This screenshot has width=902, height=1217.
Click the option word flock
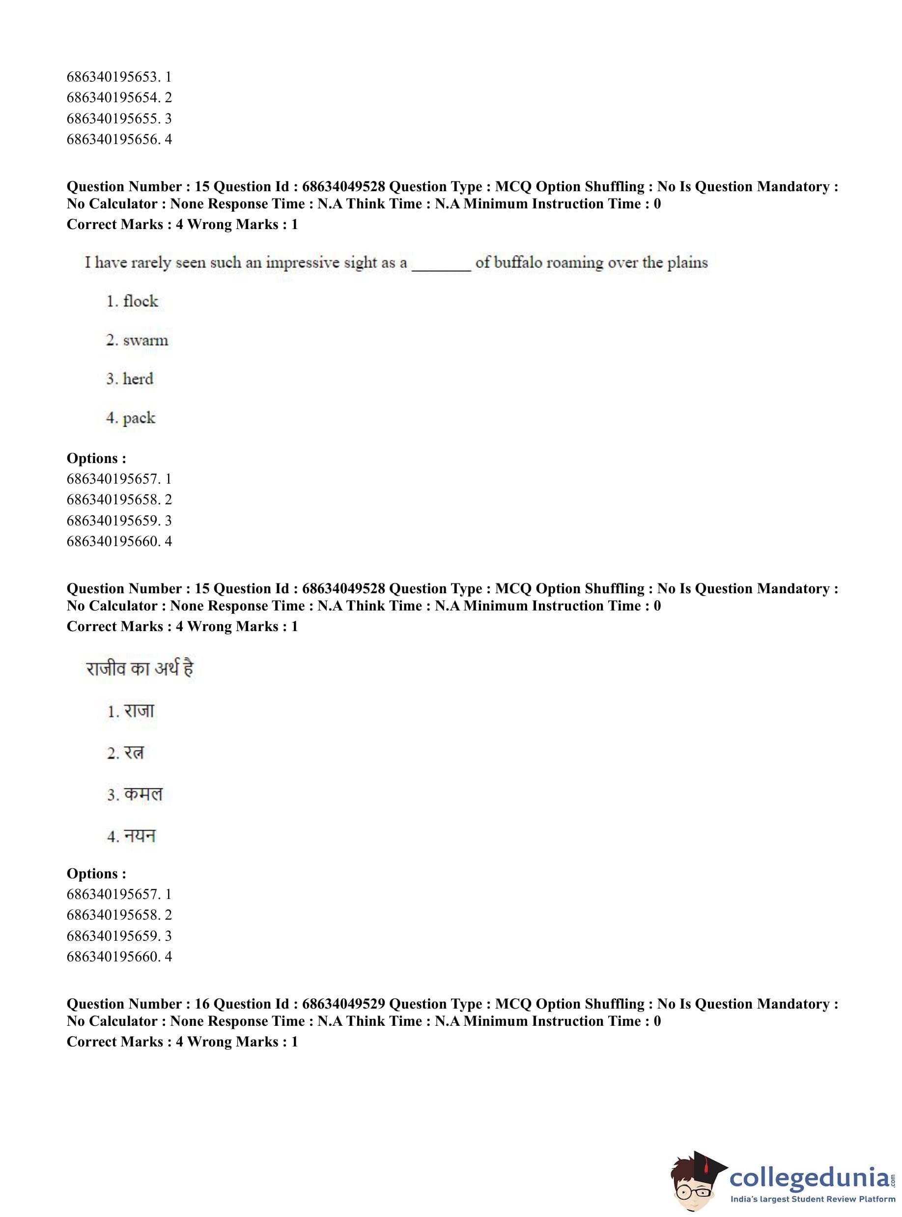click(140, 301)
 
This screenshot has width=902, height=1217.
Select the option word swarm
click(145, 340)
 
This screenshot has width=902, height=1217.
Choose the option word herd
click(138, 379)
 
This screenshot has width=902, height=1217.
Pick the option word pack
click(139, 418)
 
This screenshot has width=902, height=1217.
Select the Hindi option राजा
click(139, 711)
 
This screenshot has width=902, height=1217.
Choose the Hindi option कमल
click(143, 794)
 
